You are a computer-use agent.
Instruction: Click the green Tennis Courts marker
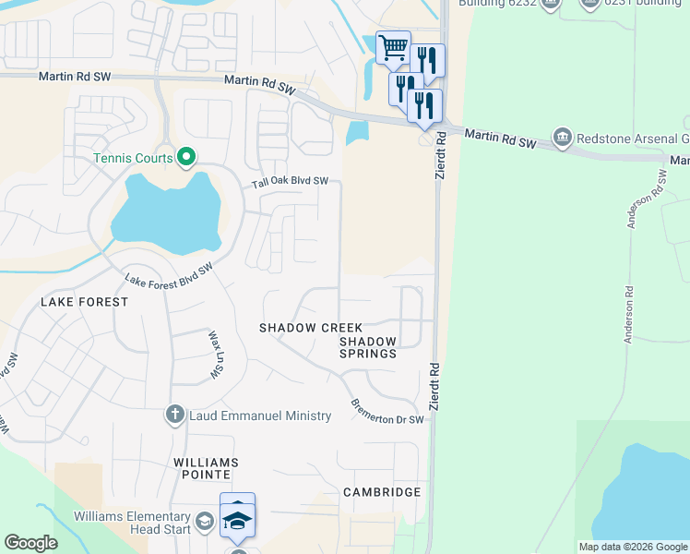point(186,158)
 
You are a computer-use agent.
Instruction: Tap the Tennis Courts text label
point(133,158)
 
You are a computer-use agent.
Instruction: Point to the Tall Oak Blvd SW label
point(291,183)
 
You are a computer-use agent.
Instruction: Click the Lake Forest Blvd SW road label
point(169,274)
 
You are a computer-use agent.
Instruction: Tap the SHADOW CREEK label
point(311,328)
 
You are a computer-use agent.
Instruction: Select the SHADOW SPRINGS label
point(367,347)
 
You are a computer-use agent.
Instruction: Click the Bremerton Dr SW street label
point(387,412)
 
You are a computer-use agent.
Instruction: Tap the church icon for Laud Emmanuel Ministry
point(175,415)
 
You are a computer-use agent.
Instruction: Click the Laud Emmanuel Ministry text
point(259,415)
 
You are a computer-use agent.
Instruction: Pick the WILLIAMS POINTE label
point(205,468)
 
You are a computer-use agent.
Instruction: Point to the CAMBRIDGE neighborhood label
point(382,492)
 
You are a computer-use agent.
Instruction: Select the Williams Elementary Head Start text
point(134,522)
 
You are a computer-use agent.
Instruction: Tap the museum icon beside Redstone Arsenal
point(562,138)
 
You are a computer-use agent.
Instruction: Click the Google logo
point(30,543)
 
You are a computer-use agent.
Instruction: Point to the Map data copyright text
point(633,547)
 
